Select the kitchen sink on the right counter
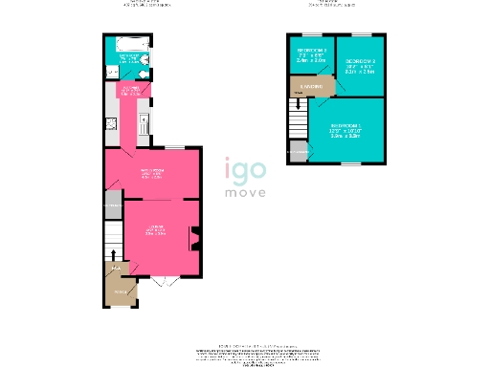(142, 122)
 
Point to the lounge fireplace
(195, 238)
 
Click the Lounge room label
(151, 227)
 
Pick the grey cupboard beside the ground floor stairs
(113, 205)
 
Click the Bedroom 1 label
(345, 129)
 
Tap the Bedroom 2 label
(359, 63)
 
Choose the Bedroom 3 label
(311, 55)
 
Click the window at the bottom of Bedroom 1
(351, 163)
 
